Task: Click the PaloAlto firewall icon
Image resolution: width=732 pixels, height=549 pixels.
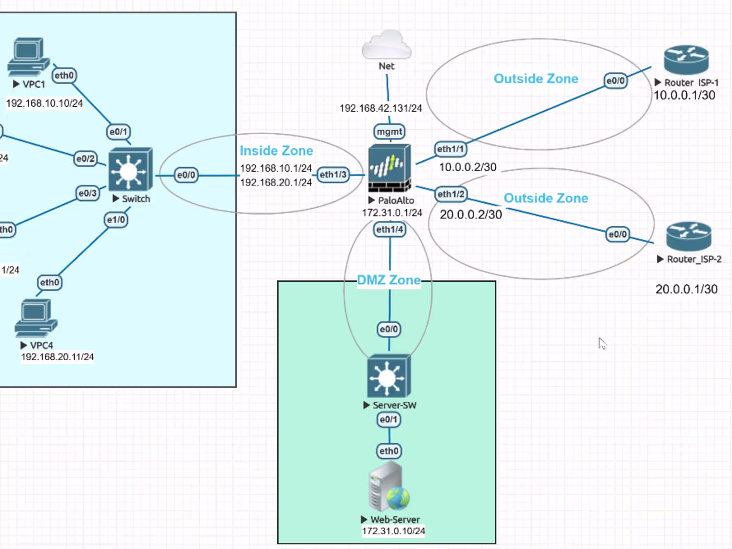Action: (389, 168)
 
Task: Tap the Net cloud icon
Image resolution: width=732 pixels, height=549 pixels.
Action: (386, 44)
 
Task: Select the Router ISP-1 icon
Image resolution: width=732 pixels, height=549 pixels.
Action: (686, 60)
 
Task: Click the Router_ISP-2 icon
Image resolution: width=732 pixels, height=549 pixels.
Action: (689, 236)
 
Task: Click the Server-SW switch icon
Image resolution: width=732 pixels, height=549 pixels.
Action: (389, 376)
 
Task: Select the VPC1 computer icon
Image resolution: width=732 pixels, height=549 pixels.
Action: (28, 57)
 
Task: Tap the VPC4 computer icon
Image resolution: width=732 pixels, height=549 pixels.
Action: (36, 318)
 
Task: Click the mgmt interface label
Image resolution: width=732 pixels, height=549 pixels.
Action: (389, 132)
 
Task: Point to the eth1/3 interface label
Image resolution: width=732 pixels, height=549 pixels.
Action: (333, 175)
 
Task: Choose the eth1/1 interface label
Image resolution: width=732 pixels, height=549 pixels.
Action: (450, 149)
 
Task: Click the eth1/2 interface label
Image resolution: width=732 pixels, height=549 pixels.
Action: (451, 194)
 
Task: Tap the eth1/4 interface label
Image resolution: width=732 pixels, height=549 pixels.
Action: (389, 229)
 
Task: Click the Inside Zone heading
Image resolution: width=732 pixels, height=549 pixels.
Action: (276, 151)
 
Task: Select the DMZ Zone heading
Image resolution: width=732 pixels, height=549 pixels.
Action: (389, 280)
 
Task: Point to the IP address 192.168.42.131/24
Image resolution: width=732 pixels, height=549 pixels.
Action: (381, 108)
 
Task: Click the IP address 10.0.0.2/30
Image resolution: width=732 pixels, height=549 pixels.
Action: (468, 167)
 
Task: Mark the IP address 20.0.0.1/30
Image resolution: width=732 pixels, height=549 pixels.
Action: (686, 289)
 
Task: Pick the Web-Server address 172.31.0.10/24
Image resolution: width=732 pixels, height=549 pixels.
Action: (393, 531)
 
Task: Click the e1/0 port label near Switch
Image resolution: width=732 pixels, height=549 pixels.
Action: (116, 220)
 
